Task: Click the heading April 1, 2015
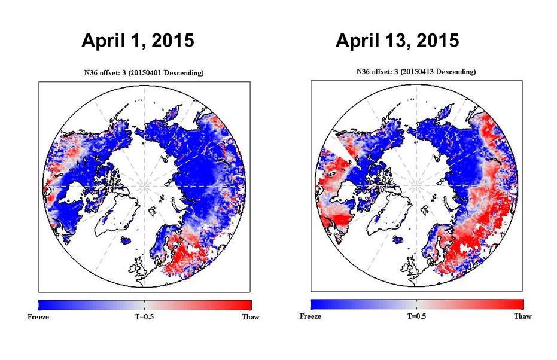[x=137, y=41]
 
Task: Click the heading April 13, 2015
[x=397, y=41]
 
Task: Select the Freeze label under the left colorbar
[x=38, y=317]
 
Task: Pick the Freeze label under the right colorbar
[x=311, y=316]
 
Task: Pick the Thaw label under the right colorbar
[x=522, y=316]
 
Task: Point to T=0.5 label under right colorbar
[x=418, y=316]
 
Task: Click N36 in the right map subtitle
[x=364, y=72]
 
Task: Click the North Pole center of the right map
[x=418, y=185]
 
